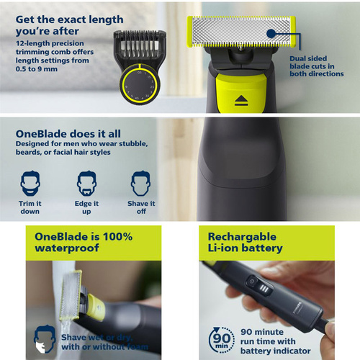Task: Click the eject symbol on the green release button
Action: click(241, 101)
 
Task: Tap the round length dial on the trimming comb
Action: click(139, 84)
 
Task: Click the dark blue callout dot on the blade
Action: click(271, 33)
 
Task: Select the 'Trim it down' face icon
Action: click(30, 184)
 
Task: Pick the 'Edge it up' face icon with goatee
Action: click(86, 184)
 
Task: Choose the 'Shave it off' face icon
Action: click(141, 184)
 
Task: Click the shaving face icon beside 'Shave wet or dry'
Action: click(45, 338)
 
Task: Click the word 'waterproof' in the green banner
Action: click(67, 248)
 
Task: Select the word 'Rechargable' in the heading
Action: click(242, 237)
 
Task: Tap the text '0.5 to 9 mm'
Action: click(37, 69)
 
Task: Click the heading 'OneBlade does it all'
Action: click(68, 134)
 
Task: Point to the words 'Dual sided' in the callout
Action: click(308, 58)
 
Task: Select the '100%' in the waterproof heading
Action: click(117, 237)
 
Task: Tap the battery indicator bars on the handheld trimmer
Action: click(264, 289)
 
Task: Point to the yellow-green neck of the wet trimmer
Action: click(96, 307)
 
